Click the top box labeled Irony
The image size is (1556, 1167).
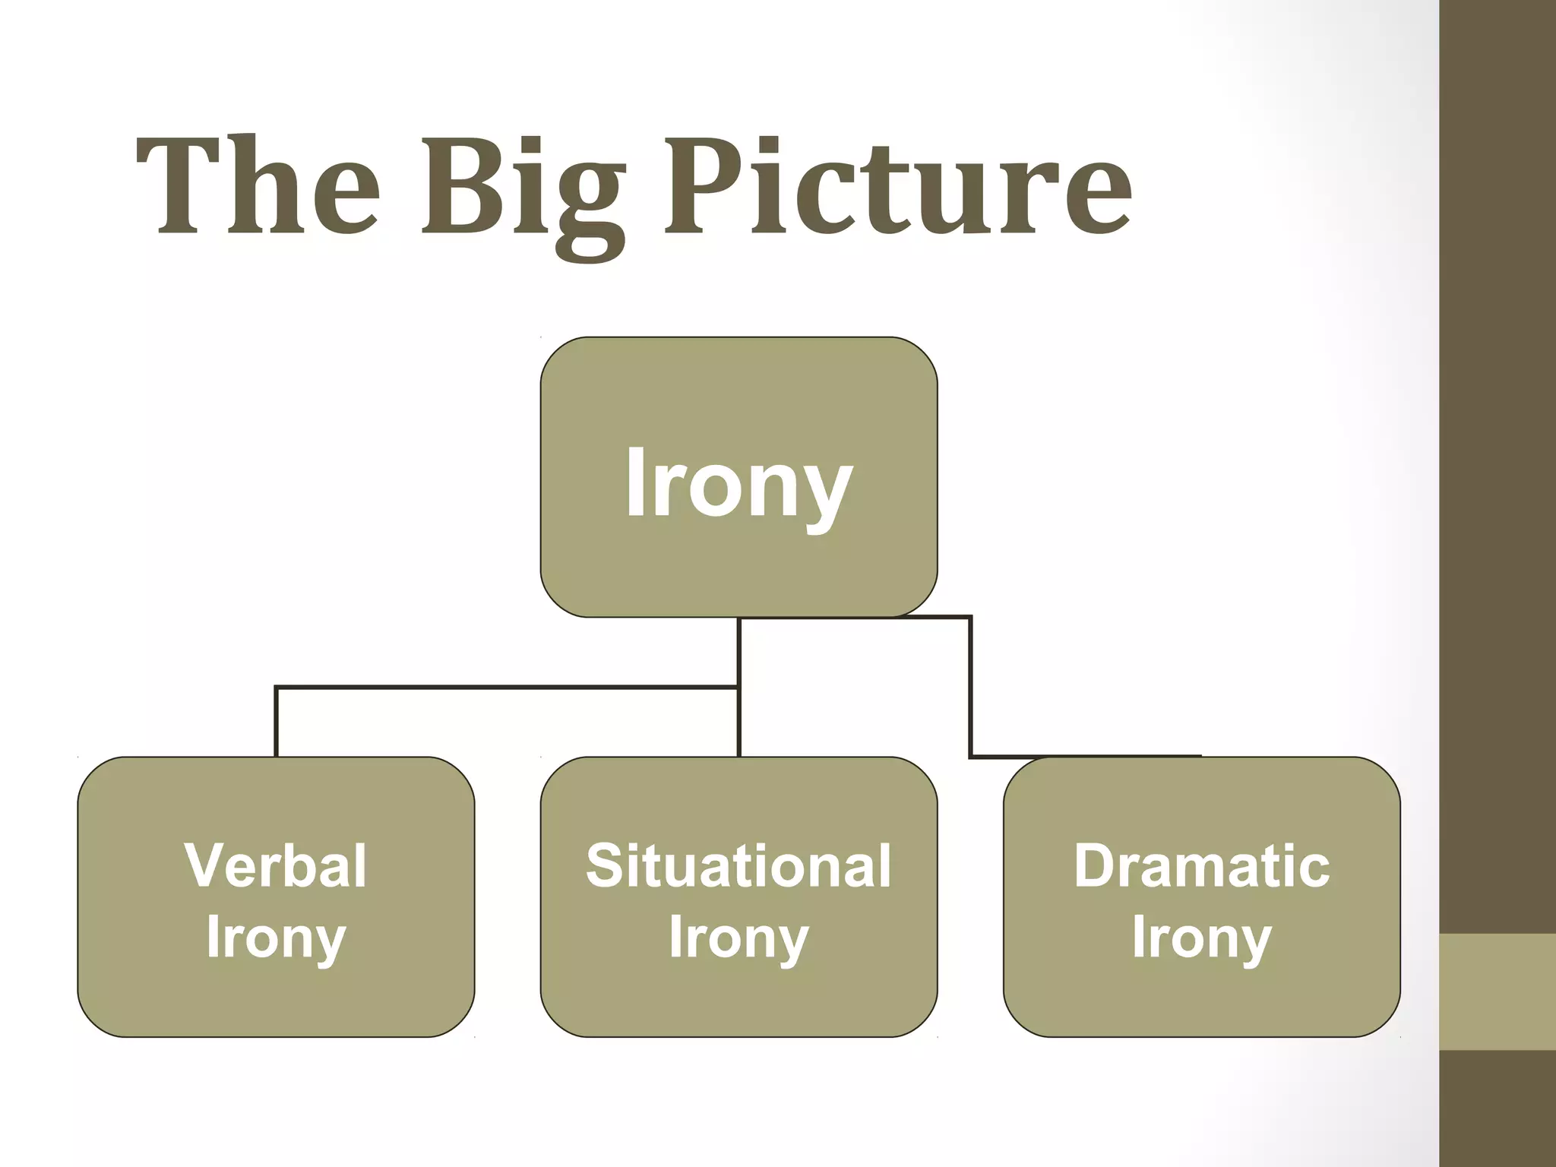(x=738, y=477)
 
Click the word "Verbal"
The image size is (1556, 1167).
(x=276, y=865)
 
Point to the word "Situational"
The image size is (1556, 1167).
(x=738, y=865)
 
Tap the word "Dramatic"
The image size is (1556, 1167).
(x=1201, y=865)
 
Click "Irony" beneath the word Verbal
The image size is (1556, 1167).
(x=276, y=939)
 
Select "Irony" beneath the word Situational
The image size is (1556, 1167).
(x=738, y=939)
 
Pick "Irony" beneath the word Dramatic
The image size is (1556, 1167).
(x=1201, y=939)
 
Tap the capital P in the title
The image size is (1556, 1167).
(x=703, y=186)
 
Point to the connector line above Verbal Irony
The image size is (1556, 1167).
(x=276, y=722)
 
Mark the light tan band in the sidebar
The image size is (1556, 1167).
(x=1497, y=991)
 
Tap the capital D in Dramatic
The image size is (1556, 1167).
(x=1097, y=865)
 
